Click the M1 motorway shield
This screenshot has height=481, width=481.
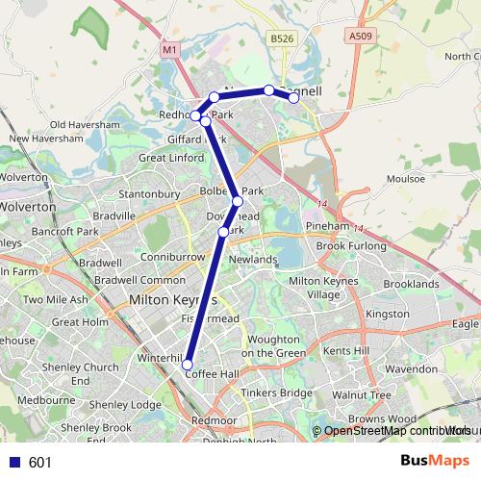click(169, 48)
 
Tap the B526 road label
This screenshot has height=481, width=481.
click(281, 38)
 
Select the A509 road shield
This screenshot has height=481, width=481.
click(360, 37)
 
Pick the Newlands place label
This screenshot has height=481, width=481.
click(253, 260)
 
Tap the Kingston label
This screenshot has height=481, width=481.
click(388, 315)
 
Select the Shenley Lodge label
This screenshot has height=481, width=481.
click(133, 405)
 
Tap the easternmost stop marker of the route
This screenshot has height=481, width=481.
click(294, 97)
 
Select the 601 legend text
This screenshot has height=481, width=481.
click(39, 463)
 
